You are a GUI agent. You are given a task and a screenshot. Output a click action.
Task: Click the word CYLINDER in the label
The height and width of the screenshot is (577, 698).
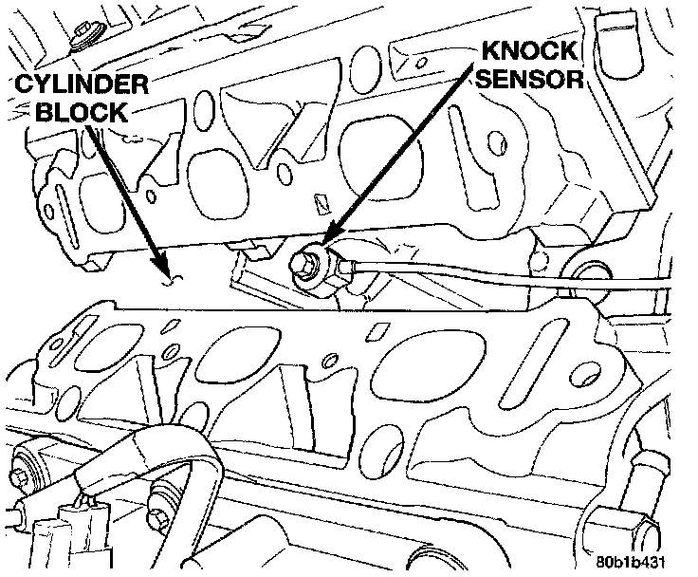pos(80,85)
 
